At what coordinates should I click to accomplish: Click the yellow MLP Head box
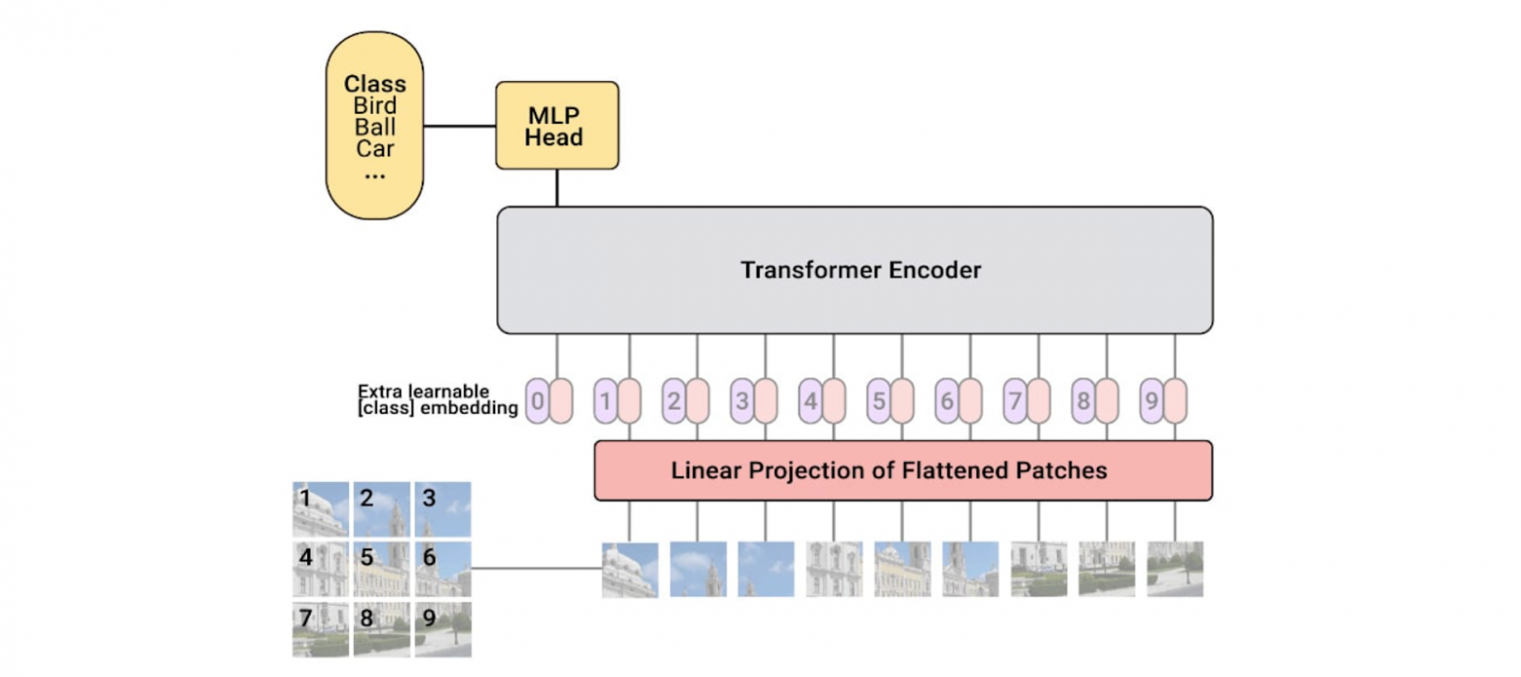click(x=557, y=125)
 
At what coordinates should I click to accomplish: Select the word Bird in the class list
click(x=374, y=105)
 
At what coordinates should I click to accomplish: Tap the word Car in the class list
click(x=374, y=149)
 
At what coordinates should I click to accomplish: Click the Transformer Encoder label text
click(x=860, y=270)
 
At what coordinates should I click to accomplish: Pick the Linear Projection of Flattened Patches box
click(x=903, y=470)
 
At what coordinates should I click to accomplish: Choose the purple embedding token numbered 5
click(x=878, y=401)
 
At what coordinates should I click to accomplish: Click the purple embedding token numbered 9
click(x=1151, y=401)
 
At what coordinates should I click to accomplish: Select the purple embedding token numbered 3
click(x=742, y=401)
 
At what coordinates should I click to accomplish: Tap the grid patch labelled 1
click(x=320, y=508)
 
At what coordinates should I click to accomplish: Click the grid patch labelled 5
click(x=381, y=569)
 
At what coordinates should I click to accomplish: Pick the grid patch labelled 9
click(x=443, y=629)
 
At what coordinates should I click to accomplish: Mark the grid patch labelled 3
click(x=443, y=508)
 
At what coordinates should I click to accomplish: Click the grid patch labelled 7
click(x=320, y=629)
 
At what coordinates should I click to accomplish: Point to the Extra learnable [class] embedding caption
click(x=437, y=400)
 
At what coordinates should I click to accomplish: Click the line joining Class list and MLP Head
click(x=459, y=126)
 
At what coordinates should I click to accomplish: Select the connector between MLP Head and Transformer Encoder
click(x=557, y=187)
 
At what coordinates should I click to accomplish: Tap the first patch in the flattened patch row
click(x=630, y=569)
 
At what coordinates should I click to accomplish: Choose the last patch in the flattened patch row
click(x=1175, y=569)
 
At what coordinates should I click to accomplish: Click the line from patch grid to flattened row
click(x=536, y=569)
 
